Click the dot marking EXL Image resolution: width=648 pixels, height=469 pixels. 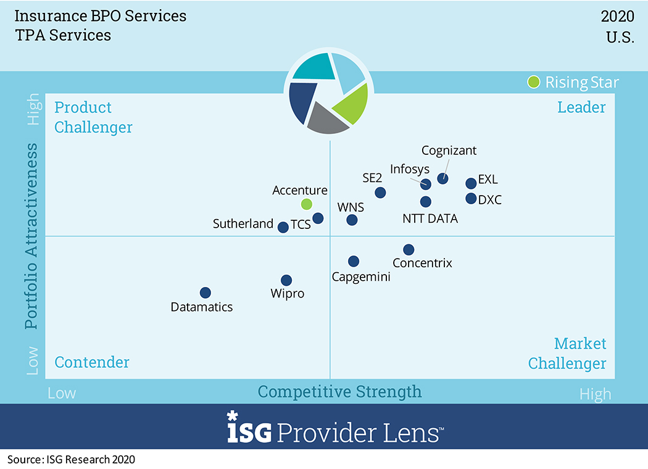click(471, 183)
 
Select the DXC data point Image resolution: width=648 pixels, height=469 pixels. click(471, 199)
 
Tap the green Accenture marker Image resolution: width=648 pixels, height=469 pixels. click(307, 204)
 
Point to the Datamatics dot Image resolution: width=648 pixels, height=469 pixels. click(206, 293)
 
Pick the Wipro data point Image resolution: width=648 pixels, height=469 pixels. click(286, 280)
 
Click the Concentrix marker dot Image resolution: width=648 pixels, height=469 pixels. click(409, 249)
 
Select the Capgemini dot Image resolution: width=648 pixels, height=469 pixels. click(354, 261)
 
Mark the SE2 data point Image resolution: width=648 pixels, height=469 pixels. click(380, 193)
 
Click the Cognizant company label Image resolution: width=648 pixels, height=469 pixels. click(449, 151)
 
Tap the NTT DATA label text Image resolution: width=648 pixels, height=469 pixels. click(430, 218)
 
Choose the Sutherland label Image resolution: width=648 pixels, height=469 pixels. click(243, 223)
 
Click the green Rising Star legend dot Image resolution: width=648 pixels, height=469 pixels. click(534, 82)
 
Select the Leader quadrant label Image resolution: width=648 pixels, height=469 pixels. click(581, 107)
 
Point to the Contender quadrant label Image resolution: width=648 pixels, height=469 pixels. click(92, 362)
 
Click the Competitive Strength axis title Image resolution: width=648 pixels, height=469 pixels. click(339, 391)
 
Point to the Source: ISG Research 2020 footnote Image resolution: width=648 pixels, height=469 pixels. click(71, 459)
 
